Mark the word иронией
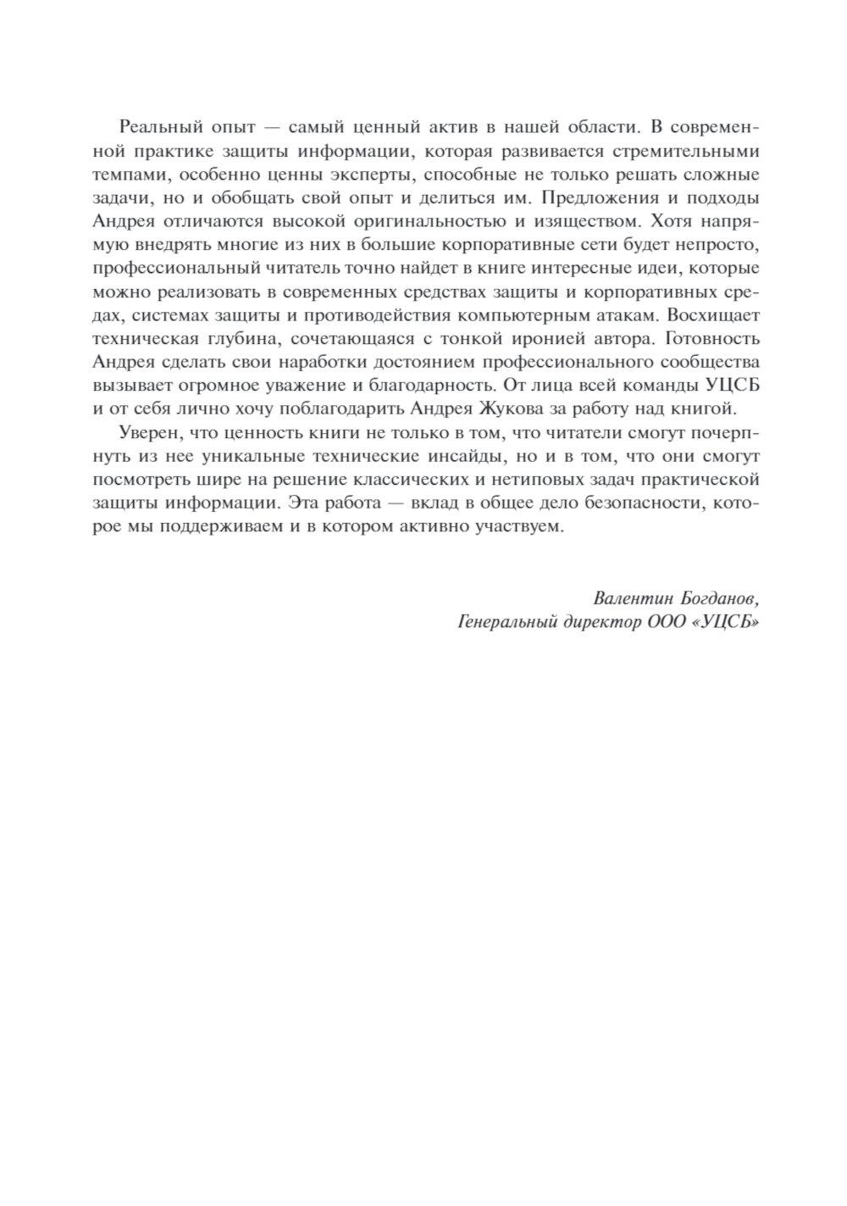(x=554, y=338)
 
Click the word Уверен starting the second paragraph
(x=146, y=433)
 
